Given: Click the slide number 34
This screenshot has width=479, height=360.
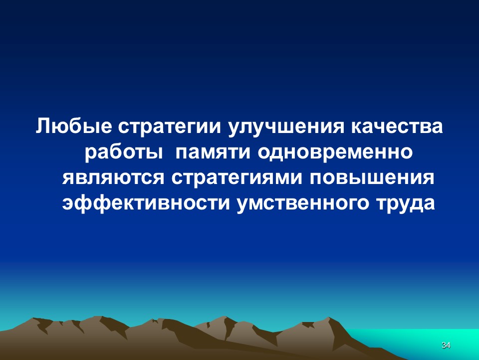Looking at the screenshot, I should [x=446, y=345].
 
